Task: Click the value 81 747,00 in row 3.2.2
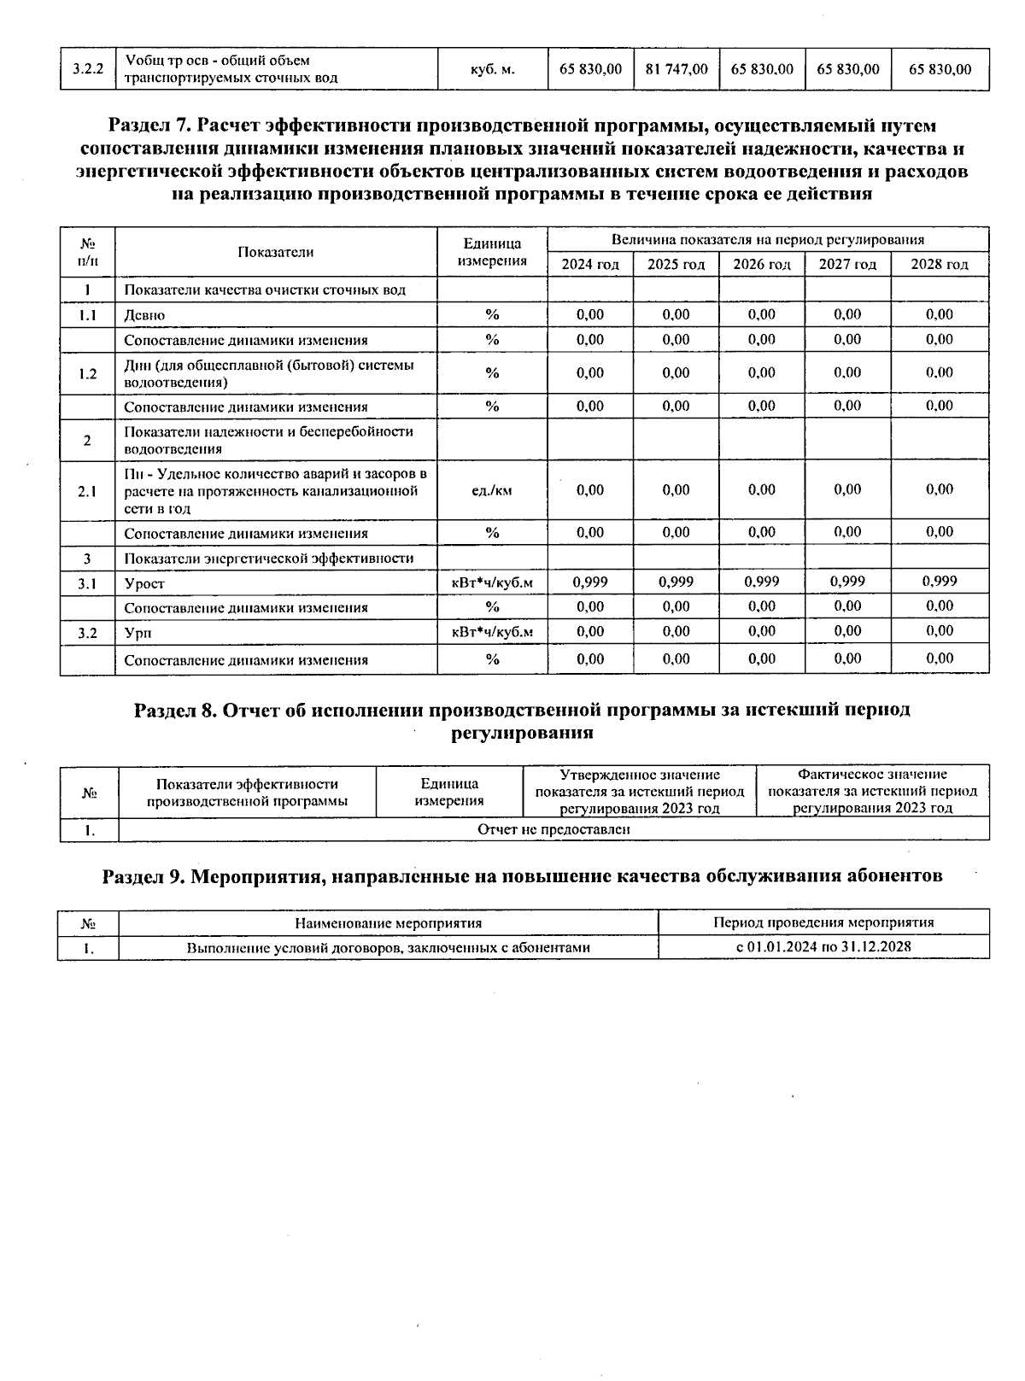pyautogui.click(x=676, y=69)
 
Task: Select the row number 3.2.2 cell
pyautogui.click(x=87, y=69)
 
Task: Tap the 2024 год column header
pyautogui.click(x=589, y=265)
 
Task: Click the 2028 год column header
pyautogui.click(x=939, y=265)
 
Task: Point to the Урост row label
pyautogui.click(x=144, y=584)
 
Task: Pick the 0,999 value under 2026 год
pyautogui.click(x=761, y=582)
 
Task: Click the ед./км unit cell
pyautogui.click(x=492, y=490)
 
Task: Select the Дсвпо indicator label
pyautogui.click(x=144, y=315)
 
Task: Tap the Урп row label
pyautogui.click(x=138, y=634)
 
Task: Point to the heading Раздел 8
pyautogui.click(x=175, y=711)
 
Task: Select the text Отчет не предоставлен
pyautogui.click(x=553, y=829)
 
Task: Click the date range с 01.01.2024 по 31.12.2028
pyautogui.click(x=823, y=947)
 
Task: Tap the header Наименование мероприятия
pyautogui.click(x=388, y=923)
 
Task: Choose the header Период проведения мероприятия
pyautogui.click(x=823, y=922)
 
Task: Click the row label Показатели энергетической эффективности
pyautogui.click(x=269, y=559)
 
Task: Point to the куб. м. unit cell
pyautogui.click(x=492, y=69)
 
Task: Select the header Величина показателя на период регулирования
pyautogui.click(x=767, y=240)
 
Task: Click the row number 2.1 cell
pyautogui.click(x=87, y=491)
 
